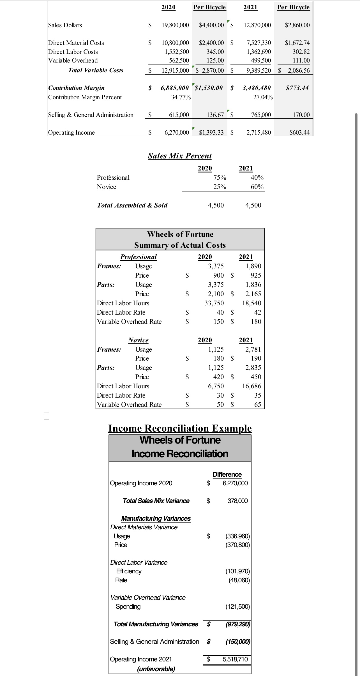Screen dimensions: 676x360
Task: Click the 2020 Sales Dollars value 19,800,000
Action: pyautogui.click(x=175, y=25)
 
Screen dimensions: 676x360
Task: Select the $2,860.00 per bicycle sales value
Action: pyautogui.click(x=297, y=25)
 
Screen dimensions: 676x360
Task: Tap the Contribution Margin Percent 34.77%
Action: pyautogui.click(x=181, y=97)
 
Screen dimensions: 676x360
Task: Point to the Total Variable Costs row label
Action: pyautogui.click(x=96, y=70)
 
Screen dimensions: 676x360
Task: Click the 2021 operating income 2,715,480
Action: pyautogui.click(x=259, y=133)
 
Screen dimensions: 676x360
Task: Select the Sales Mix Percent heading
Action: pyautogui.click(x=180, y=156)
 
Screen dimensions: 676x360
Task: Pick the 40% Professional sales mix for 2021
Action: pyautogui.click(x=257, y=178)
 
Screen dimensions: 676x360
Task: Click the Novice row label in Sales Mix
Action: pyautogui.click(x=106, y=187)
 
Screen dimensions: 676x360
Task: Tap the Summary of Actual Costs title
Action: pyautogui.click(x=180, y=245)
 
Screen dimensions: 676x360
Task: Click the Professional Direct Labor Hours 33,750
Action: pyautogui.click(x=214, y=303)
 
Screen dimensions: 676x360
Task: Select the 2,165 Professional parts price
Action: pyautogui.click(x=253, y=294)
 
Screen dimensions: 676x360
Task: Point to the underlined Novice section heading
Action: pyautogui.click(x=138, y=340)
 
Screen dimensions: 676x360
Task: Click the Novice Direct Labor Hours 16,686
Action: pyautogui.click(x=251, y=386)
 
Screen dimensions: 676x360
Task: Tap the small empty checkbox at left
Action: pyautogui.click(x=47, y=416)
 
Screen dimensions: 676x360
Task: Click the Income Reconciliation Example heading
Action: pyautogui.click(x=180, y=428)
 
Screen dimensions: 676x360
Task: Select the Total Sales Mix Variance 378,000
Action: pyautogui.click(x=237, y=501)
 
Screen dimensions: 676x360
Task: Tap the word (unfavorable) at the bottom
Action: pyautogui.click(x=156, y=669)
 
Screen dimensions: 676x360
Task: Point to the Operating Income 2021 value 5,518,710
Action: pyautogui.click(x=235, y=659)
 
